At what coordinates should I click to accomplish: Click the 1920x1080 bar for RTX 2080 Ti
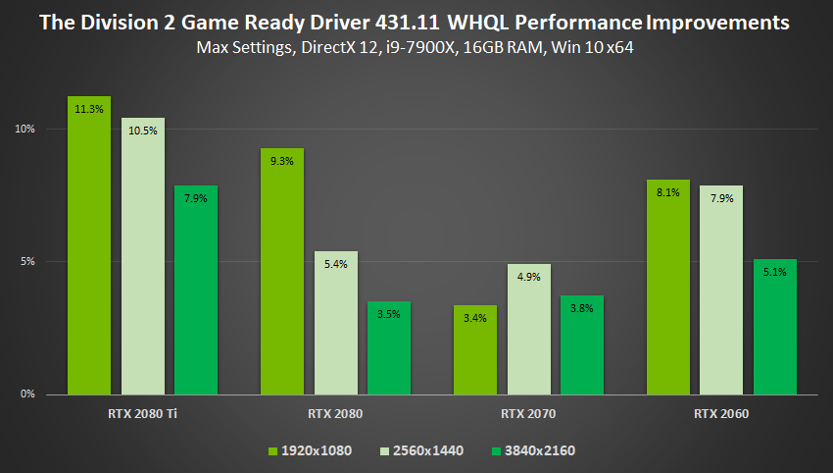tap(89, 245)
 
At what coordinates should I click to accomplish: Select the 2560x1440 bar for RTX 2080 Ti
tap(143, 256)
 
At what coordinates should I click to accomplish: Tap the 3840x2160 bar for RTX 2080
tap(389, 347)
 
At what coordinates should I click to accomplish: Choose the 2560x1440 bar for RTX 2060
tap(722, 289)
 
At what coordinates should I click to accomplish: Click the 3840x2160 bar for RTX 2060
tap(775, 327)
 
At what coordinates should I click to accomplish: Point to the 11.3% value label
tap(89, 109)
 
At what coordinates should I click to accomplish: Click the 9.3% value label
tap(281, 161)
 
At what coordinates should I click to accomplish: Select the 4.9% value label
tap(529, 277)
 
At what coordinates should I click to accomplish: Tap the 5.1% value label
tap(775, 272)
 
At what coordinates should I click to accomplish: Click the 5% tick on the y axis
tap(27, 262)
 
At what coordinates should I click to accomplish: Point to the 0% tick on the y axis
tap(27, 394)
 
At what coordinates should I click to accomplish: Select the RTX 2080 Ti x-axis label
tap(143, 414)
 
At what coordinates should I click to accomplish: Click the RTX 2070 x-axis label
tap(529, 414)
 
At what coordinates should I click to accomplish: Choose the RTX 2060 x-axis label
tap(722, 414)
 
